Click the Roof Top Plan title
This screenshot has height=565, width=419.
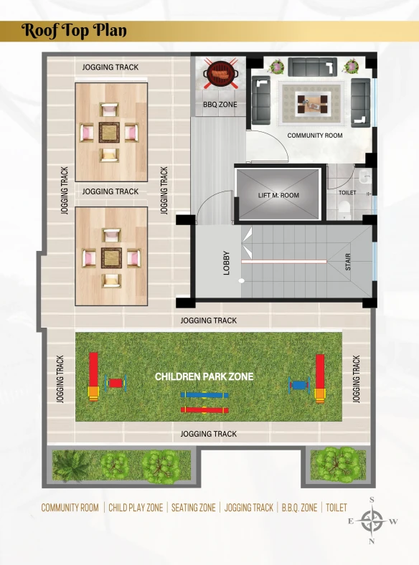[x=74, y=31]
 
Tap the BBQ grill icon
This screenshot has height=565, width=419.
[x=220, y=73]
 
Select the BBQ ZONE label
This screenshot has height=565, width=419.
[x=220, y=105]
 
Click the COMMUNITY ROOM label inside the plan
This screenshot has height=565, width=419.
[x=315, y=136]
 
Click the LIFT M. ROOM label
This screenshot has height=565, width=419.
[x=278, y=195]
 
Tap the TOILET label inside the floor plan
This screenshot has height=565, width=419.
[x=347, y=193]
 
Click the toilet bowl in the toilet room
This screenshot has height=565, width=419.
[x=344, y=209]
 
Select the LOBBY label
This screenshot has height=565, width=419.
[x=227, y=263]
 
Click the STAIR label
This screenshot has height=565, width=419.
[x=348, y=262]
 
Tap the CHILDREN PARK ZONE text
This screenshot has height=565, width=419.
[x=204, y=377]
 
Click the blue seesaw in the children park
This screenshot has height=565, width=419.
[x=204, y=395]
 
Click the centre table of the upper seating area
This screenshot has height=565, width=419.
[x=109, y=133]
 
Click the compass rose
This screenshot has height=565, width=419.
[x=372, y=521]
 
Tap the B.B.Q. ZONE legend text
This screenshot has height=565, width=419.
[x=299, y=508]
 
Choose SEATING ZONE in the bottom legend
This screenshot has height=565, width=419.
[x=193, y=508]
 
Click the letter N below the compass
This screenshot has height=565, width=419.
[x=372, y=541]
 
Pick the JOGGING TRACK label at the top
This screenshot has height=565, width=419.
[x=110, y=67]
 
